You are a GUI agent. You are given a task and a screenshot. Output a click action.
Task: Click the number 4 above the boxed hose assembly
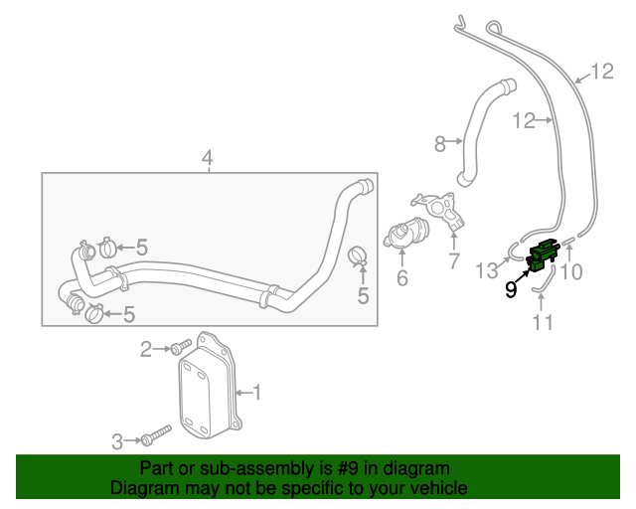(208, 158)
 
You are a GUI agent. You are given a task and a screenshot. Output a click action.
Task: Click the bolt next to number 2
(180, 348)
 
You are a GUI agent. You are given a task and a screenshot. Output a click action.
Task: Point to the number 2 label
(146, 348)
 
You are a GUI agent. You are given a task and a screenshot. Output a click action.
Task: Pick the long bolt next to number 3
(158, 435)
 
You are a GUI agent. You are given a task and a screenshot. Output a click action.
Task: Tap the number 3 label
(118, 440)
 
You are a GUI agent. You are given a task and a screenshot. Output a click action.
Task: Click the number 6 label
(401, 278)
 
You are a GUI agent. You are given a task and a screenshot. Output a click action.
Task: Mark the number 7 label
(454, 261)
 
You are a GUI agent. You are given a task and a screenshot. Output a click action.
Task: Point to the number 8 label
(441, 144)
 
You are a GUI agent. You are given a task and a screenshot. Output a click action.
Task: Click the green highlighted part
(543, 255)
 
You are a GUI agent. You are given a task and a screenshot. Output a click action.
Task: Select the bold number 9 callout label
(511, 290)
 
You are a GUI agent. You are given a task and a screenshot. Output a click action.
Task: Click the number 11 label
(543, 322)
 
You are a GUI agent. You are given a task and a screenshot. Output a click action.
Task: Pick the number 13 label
(487, 270)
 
